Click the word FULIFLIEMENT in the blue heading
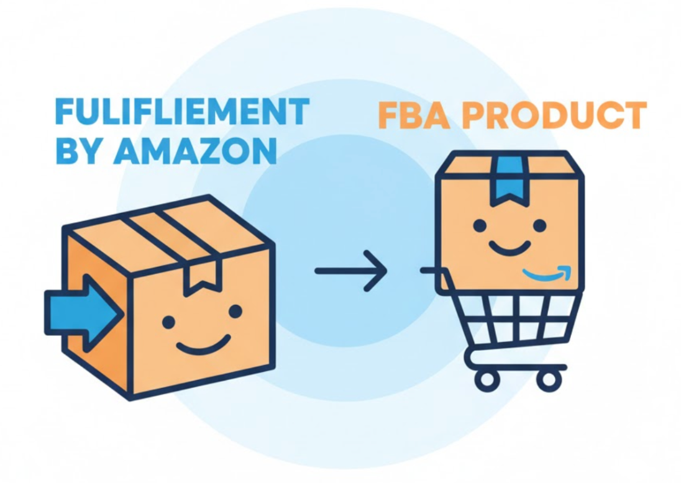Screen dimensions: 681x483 (x=182, y=112)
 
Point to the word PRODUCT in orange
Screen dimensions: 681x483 (x=556, y=115)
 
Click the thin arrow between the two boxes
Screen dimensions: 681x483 (x=350, y=271)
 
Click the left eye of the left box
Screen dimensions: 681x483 (x=168, y=322)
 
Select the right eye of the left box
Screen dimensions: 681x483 (x=235, y=311)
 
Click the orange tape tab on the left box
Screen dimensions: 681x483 (x=201, y=277)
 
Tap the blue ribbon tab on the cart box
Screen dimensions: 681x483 (x=510, y=180)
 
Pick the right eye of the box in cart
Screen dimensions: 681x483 (x=539, y=225)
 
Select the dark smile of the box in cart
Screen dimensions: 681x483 (x=510, y=249)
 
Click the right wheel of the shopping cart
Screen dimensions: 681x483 (x=549, y=379)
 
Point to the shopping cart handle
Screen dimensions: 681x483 (x=431, y=271)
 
